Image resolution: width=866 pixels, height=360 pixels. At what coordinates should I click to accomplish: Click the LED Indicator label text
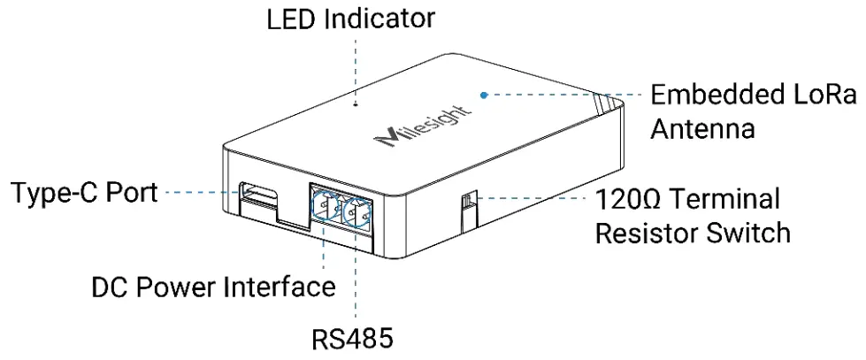(351, 19)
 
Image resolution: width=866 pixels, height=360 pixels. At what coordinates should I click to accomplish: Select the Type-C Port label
(84, 193)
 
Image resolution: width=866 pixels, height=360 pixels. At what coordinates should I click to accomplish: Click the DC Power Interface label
(213, 287)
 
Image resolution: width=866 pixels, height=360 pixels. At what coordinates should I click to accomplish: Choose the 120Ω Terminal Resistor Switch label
(692, 215)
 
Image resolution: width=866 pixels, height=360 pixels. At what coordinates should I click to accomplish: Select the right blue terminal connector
(358, 212)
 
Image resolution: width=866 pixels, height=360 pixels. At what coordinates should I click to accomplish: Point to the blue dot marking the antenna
(484, 93)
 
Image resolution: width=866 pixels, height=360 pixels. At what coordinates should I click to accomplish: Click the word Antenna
(703, 129)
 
